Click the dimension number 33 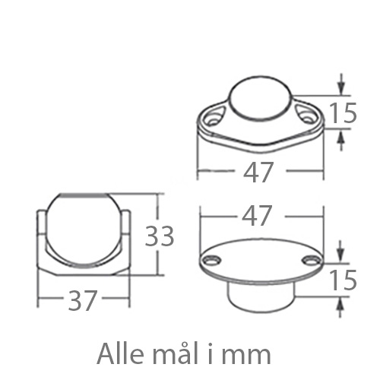(x=160, y=236)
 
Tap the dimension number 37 (x=83, y=300)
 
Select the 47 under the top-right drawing (x=258, y=173)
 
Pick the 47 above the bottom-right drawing (x=257, y=215)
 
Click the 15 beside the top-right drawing (x=344, y=113)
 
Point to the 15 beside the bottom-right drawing (x=344, y=280)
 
